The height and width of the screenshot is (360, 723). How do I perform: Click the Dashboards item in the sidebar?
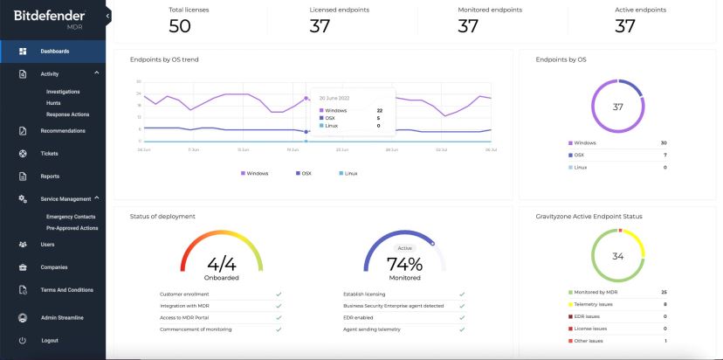pyautogui.click(x=54, y=51)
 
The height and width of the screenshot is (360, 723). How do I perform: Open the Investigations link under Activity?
pyautogui.click(x=63, y=91)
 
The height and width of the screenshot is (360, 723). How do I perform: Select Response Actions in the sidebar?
pyautogui.click(x=67, y=114)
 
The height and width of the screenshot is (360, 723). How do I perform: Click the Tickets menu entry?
pyautogui.click(x=49, y=153)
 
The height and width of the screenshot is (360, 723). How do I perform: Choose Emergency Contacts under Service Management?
pyautogui.click(x=71, y=216)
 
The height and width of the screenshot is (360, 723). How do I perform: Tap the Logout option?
pyautogui.click(x=50, y=340)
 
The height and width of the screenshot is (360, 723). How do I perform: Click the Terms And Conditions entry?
pyautogui.click(x=68, y=290)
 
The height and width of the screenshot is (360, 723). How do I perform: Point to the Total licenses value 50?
pyautogui.click(x=180, y=26)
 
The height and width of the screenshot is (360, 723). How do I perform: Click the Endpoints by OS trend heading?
pyautogui.click(x=163, y=59)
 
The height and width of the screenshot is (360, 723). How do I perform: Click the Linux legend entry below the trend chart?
pyautogui.click(x=350, y=173)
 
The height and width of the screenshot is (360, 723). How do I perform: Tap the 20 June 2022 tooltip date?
pyautogui.click(x=334, y=98)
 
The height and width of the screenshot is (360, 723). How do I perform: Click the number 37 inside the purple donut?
pyautogui.click(x=618, y=107)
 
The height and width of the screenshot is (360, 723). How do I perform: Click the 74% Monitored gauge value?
pyautogui.click(x=404, y=264)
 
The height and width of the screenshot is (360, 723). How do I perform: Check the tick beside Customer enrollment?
pyautogui.click(x=278, y=294)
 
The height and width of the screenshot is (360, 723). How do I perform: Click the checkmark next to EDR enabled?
pyautogui.click(x=462, y=318)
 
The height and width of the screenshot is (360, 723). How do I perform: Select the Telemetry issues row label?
pyautogui.click(x=593, y=304)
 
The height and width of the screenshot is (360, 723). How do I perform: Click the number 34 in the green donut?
pyautogui.click(x=618, y=256)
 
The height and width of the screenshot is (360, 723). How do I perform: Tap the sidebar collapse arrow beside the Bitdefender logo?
pyautogui.click(x=108, y=16)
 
